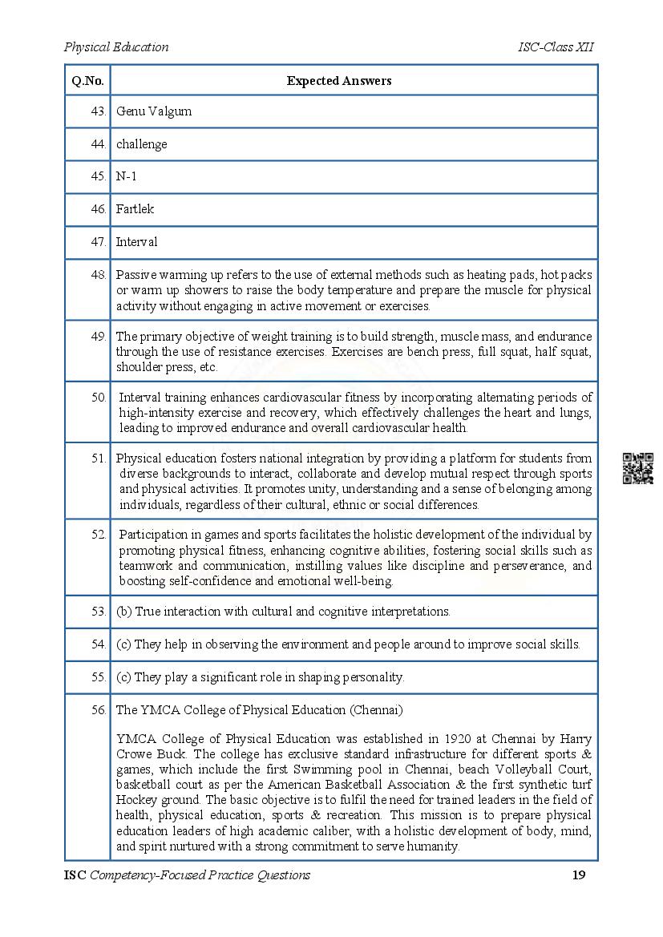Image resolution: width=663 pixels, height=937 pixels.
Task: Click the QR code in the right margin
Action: pyautogui.click(x=637, y=469)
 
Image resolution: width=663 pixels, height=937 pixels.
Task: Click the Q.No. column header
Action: pyautogui.click(x=87, y=80)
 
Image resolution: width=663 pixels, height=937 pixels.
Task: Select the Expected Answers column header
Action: pyautogui.click(x=339, y=80)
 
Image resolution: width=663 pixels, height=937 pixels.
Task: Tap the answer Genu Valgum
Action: pyautogui.click(x=154, y=111)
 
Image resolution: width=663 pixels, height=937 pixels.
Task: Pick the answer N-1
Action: pyautogui.click(x=127, y=176)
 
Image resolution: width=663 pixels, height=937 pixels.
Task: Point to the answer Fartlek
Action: pyautogui.click(x=135, y=209)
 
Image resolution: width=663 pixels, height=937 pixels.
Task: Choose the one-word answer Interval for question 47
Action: pyautogui.click(x=136, y=242)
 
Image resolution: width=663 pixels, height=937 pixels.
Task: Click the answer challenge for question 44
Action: pyautogui.click(x=141, y=144)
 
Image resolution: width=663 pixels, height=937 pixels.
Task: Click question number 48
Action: pyautogui.click(x=99, y=274)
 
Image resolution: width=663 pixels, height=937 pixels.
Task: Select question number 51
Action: pyautogui.click(x=99, y=458)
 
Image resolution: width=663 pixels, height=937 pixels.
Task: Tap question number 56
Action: pyautogui.click(x=99, y=710)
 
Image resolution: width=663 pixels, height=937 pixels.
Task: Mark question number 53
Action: pyautogui.click(x=99, y=612)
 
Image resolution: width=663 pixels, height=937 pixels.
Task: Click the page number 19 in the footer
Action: pyautogui.click(x=579, y=874)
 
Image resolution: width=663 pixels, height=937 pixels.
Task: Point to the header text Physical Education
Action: pyautogui.click(x=116, y=46)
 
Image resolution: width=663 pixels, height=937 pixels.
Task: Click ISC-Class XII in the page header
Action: pyautogui.click(x=556, y=46)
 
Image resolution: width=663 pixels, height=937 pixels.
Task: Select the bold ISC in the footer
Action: pyautogui.click(x=75, y=874)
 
